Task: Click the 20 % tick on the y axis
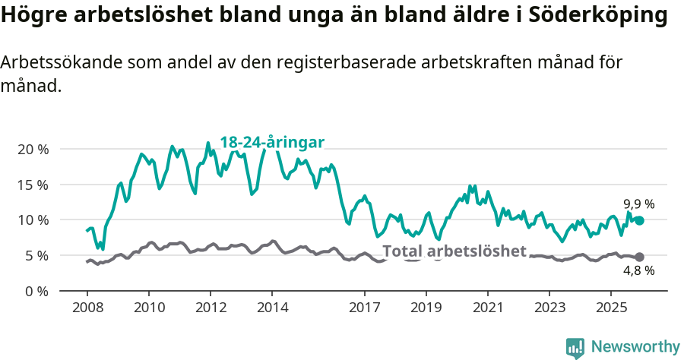point(32,149)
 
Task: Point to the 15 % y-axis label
point(32,185)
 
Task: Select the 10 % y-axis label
point(32,220)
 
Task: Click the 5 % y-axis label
point(36,256)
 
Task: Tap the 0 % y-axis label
point(36,291)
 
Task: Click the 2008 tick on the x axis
point(87,308)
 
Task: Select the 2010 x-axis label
point(148,308)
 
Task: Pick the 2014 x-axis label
point(272,308)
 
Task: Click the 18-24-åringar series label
point(272,142)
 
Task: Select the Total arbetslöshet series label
point(454,251)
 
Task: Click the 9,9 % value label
point(638,204)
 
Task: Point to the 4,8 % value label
point(638,270)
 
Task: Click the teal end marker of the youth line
point(639,220)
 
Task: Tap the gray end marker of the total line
point(639,257)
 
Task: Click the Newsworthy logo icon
point(575,348)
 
